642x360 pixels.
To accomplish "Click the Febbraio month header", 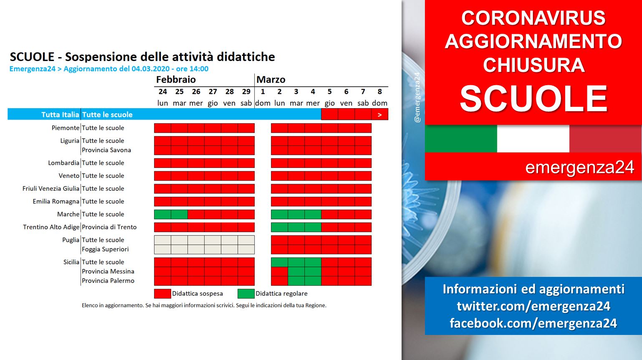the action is [176, 79].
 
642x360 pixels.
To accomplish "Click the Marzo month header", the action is [271, 79].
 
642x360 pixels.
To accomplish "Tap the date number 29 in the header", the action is [246, 91].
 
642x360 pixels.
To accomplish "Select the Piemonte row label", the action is [66, 128].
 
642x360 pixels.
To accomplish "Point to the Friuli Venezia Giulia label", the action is [51, 188].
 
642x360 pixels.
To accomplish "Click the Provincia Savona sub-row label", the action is [106, 150].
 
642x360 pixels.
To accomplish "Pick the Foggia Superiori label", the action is [105, 249].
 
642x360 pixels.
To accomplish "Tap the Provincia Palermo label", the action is [108, 281].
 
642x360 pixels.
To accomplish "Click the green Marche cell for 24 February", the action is [162, 214].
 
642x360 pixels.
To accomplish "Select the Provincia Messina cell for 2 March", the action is [279, 271].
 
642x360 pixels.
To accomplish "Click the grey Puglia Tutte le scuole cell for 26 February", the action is [196, 240].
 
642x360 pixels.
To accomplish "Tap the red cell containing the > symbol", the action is [380, 114].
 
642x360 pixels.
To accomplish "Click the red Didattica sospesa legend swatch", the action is [162, 294].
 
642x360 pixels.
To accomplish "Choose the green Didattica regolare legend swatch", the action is [246, 294].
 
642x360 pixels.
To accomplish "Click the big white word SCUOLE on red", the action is [533, 99].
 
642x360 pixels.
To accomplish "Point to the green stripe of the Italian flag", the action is [461, 139].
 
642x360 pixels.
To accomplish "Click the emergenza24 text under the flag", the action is [579, 167].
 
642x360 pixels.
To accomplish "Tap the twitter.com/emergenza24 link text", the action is [533, 306].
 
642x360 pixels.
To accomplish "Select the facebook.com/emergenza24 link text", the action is [533, 323].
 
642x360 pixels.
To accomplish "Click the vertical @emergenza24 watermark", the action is [417, 97].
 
